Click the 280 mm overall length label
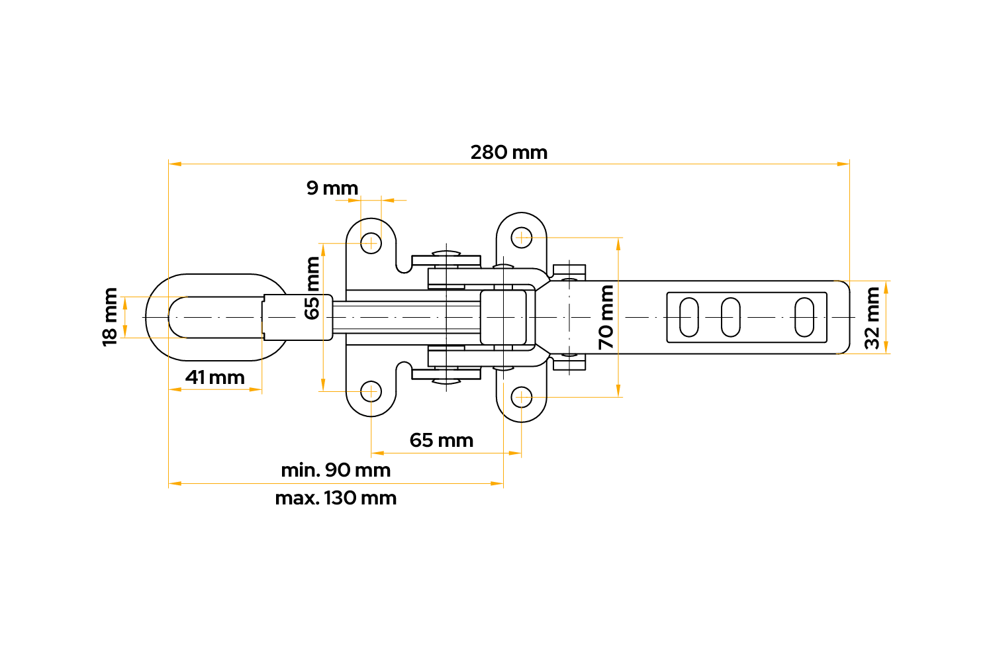[x=508, y=153]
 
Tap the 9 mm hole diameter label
[x=332, y=189]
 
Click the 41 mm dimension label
[x=214, y=377]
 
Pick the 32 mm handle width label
[x=873, y=317]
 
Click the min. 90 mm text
[x=336, y=470]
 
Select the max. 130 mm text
[x=336, y=498]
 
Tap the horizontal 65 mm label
[x=441, y=440]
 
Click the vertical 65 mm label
[x=312, y=288]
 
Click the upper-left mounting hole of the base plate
[x=371, y=243]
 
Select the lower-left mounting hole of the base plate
[x=371, y=391]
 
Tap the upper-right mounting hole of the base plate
[x=522, y=237]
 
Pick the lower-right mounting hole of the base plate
[x=522, y=397]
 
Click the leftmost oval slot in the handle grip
[x=689, y=317]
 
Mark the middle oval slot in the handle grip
[x=730, y=317]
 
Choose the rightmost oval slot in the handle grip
[x=804, y=317]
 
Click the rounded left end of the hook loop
[x=156, y=317]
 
